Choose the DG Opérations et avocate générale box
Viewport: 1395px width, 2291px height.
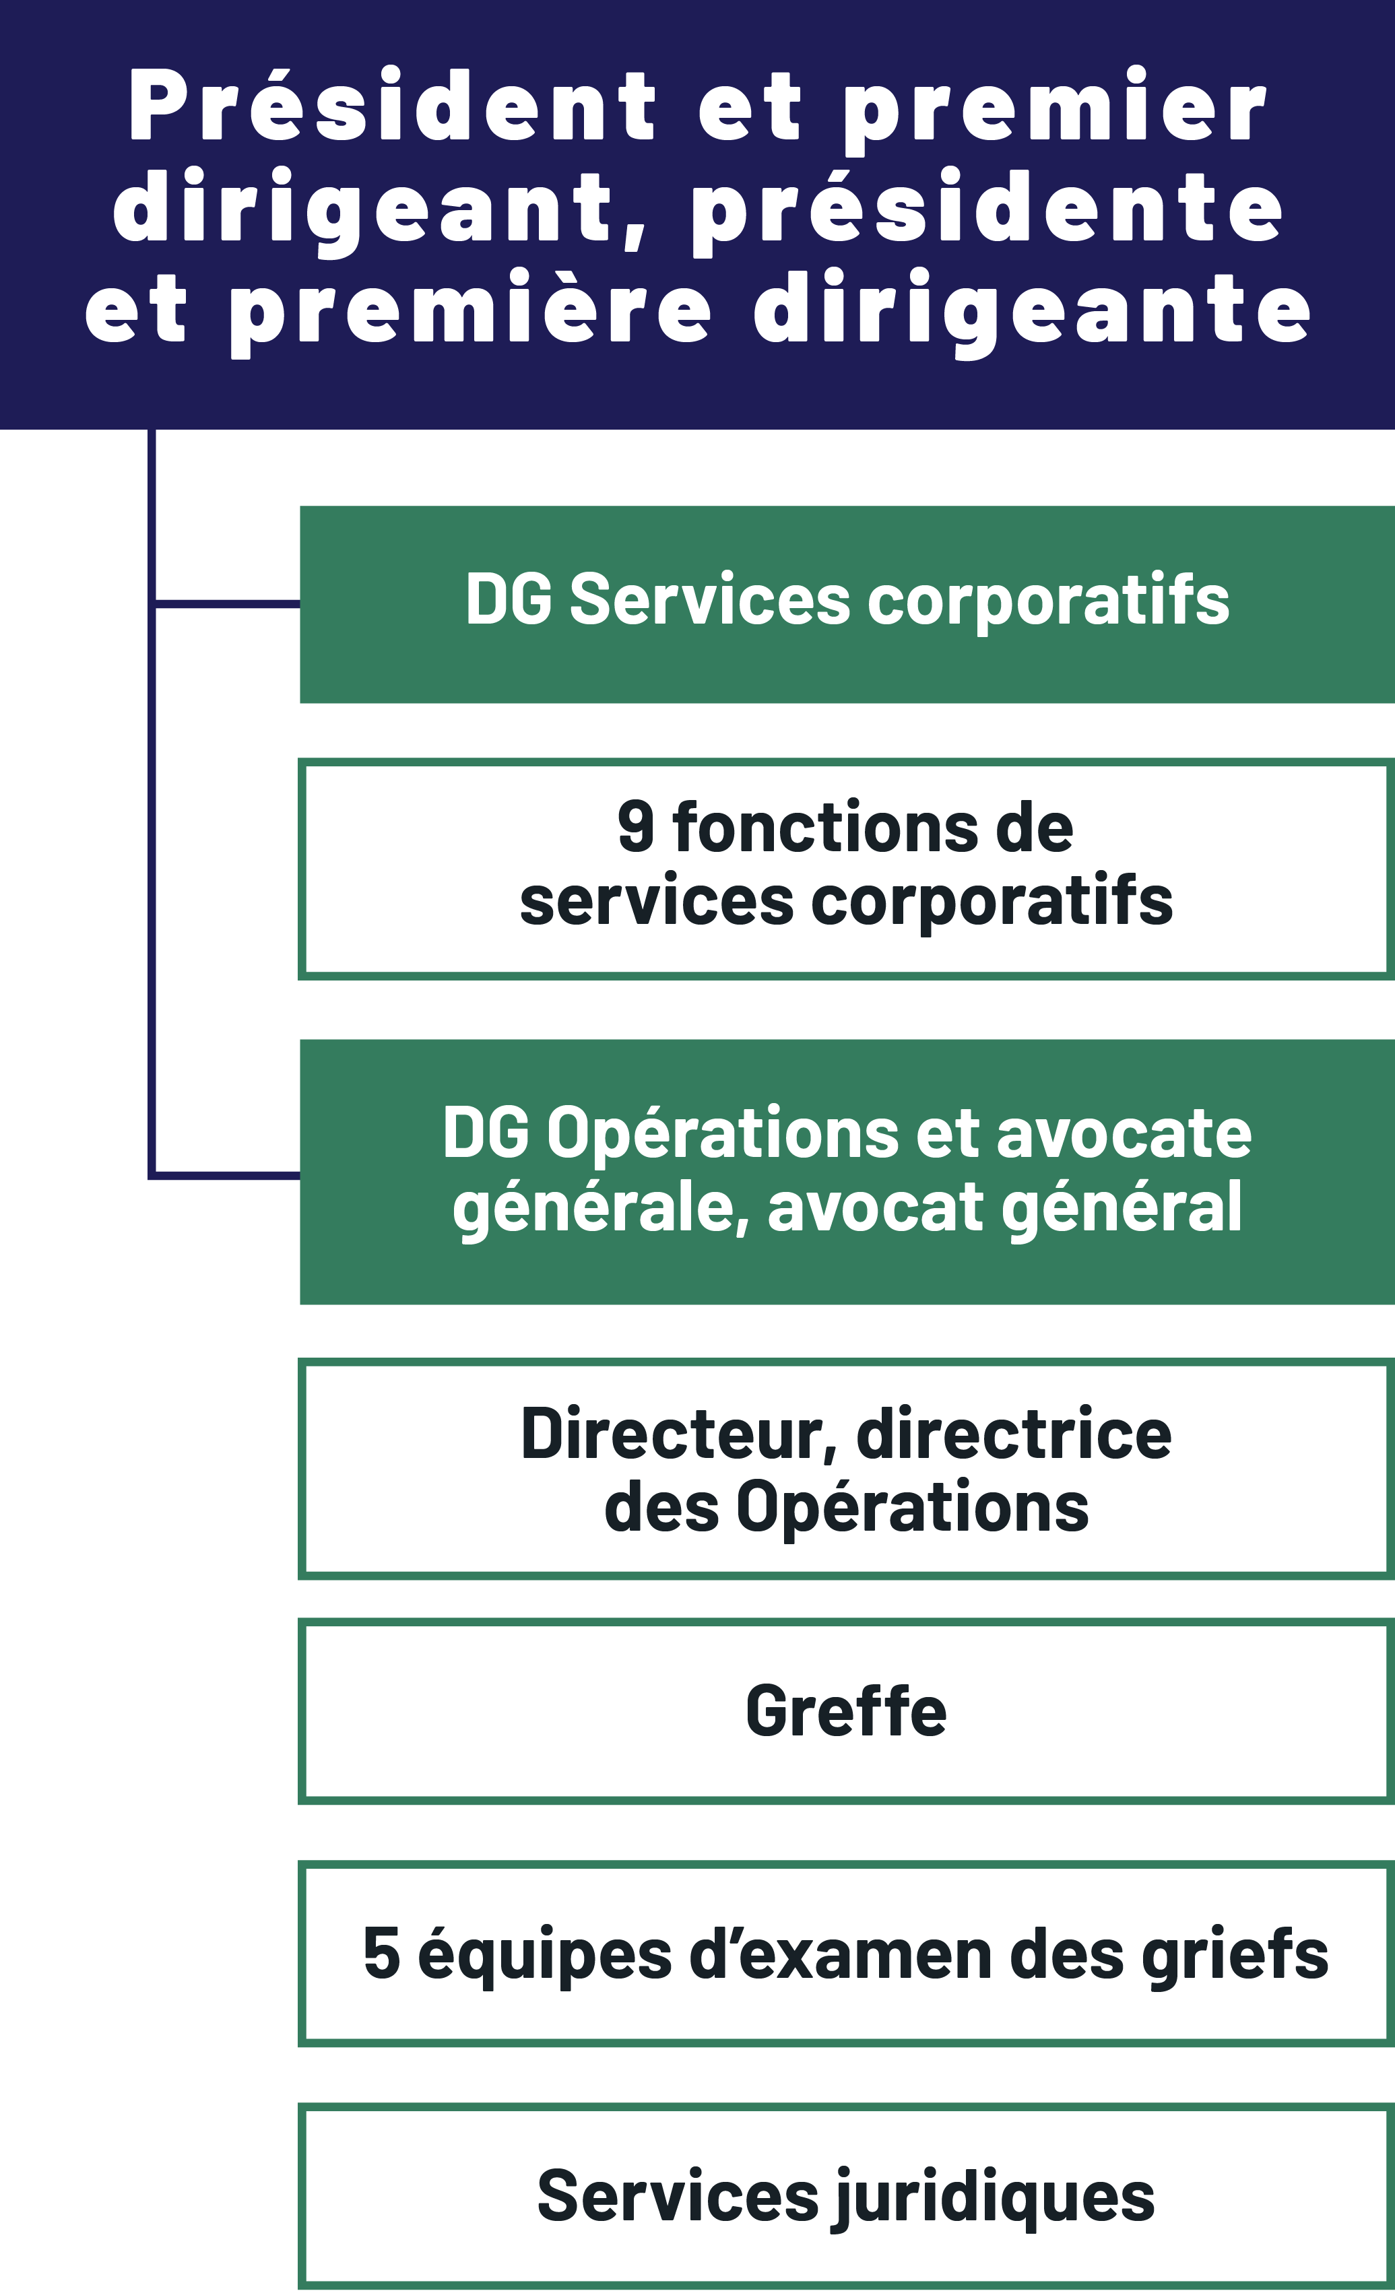[846, 1172]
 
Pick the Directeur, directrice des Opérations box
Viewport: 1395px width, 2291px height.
[846, 1469]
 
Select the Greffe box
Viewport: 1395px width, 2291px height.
[846, 1711]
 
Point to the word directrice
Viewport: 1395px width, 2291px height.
[1014, 1434]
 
